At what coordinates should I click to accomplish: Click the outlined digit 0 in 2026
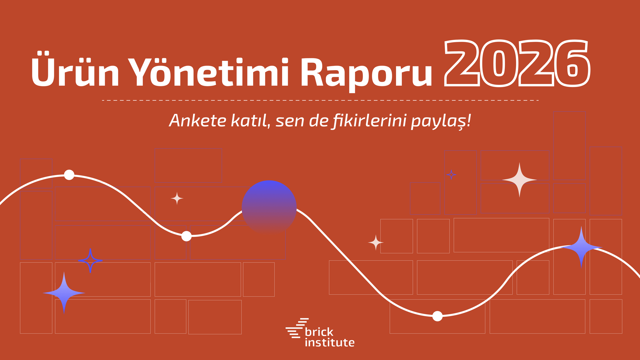[x=499, y=63]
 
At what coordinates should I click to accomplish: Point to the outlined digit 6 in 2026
[x=572, y=63]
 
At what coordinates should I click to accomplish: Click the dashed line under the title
[x=320, y=100]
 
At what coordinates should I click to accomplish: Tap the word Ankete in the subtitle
[x=198, y=120]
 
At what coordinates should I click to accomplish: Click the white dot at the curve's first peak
[x=69, y=175]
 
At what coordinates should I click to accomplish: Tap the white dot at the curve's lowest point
[x=437, y=316]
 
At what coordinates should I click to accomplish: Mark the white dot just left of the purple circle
[x=186, y=236]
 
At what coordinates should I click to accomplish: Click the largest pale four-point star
[x=519, y=180]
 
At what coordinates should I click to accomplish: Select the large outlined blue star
[x=90, y=261]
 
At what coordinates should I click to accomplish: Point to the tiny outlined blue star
[x=451, y=175]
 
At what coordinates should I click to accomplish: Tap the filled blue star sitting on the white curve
[x=581, y=247]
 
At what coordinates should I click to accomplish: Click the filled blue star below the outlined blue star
[x=64, y=293]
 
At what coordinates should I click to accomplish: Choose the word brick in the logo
[x=319, y=332]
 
